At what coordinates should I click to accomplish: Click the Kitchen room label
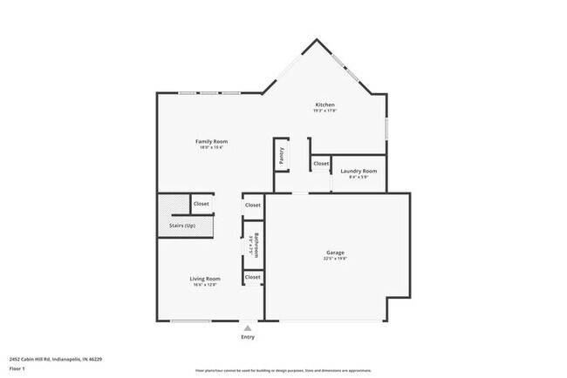[324, 105]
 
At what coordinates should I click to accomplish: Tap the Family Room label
[211, 141]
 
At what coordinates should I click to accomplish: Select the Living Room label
[205, 279]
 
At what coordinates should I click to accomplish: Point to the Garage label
[336, 253]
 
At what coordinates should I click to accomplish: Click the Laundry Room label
[359, 171]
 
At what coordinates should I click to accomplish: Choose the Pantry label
[282, 155]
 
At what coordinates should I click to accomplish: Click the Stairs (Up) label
[182, 226]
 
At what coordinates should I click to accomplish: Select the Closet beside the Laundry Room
[321, 163]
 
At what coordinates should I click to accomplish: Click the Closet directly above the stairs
[202, 204]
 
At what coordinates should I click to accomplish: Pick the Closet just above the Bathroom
[253, 205]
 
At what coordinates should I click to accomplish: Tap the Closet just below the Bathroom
[253, 277]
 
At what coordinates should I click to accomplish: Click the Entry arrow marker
[248, 327]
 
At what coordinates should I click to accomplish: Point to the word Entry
[248, 337]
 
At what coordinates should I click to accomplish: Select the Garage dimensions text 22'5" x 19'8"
[336, 259]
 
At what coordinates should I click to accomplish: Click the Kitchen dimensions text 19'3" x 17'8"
[324, 111]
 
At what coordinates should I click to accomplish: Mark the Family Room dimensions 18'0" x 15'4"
[211, 147]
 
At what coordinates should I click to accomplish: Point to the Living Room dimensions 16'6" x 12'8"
[205, 285]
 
